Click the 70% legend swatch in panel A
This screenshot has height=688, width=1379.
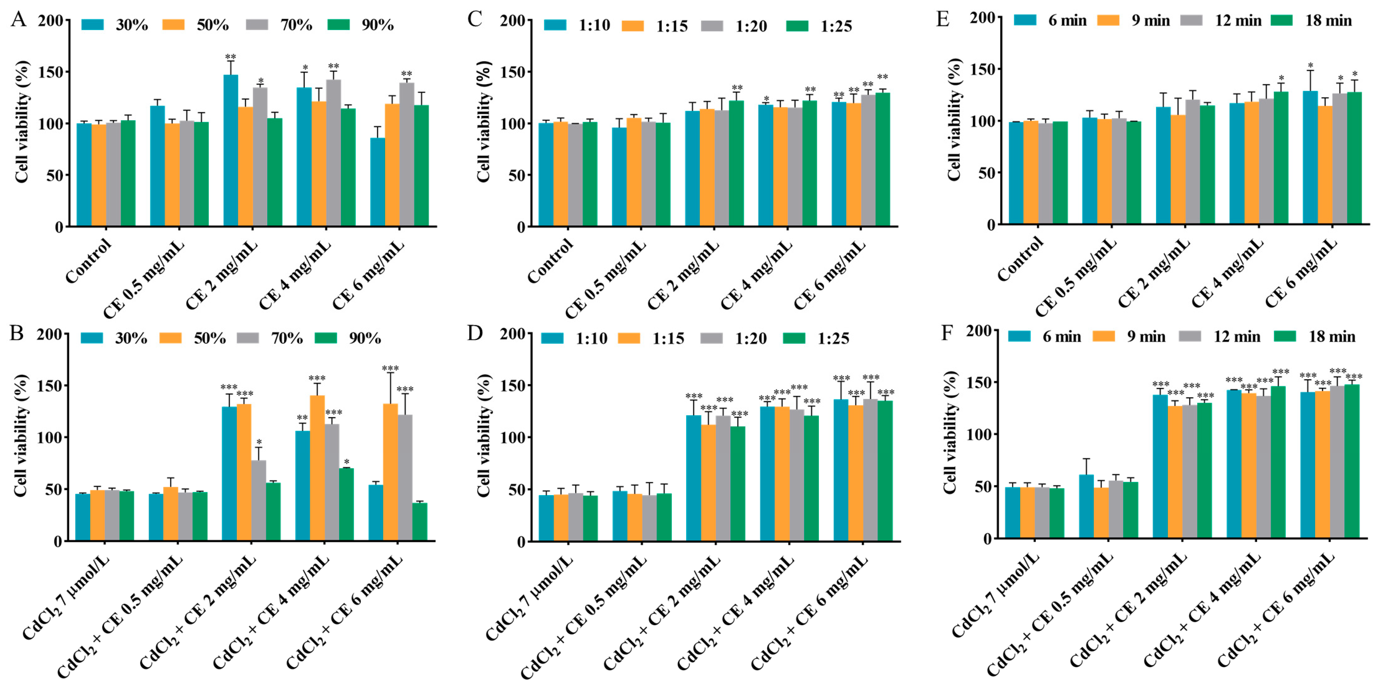tap(257, 25)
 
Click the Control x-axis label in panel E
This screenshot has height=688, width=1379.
tap(1020, 259)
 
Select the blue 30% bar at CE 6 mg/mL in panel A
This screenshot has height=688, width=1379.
tap(377, 182)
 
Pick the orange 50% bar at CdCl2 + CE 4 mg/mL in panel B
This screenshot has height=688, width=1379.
tap(318, 468)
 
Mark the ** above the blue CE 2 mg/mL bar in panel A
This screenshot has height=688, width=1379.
tap(231, 57)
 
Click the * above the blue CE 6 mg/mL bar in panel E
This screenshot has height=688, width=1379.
tap(1310, 65)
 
